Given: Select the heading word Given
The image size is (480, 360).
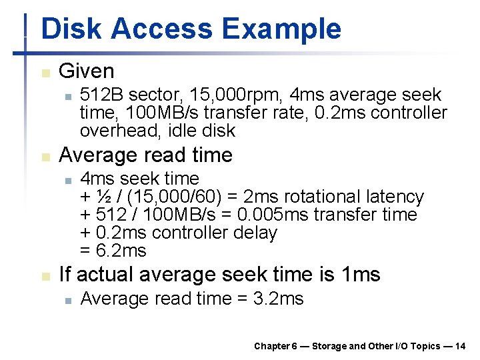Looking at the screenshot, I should (87, 71).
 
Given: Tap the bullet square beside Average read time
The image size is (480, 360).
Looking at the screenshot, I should (45, 157).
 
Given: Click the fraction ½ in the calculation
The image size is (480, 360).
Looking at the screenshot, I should (104, 197).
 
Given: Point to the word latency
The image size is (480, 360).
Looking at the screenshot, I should (395, 197).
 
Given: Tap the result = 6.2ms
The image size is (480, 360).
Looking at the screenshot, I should (113, 251).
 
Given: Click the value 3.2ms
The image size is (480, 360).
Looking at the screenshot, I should (279, 299).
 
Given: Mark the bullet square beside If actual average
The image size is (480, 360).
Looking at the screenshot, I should (45, 276).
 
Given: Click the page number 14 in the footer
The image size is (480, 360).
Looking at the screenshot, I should (460, 346).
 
